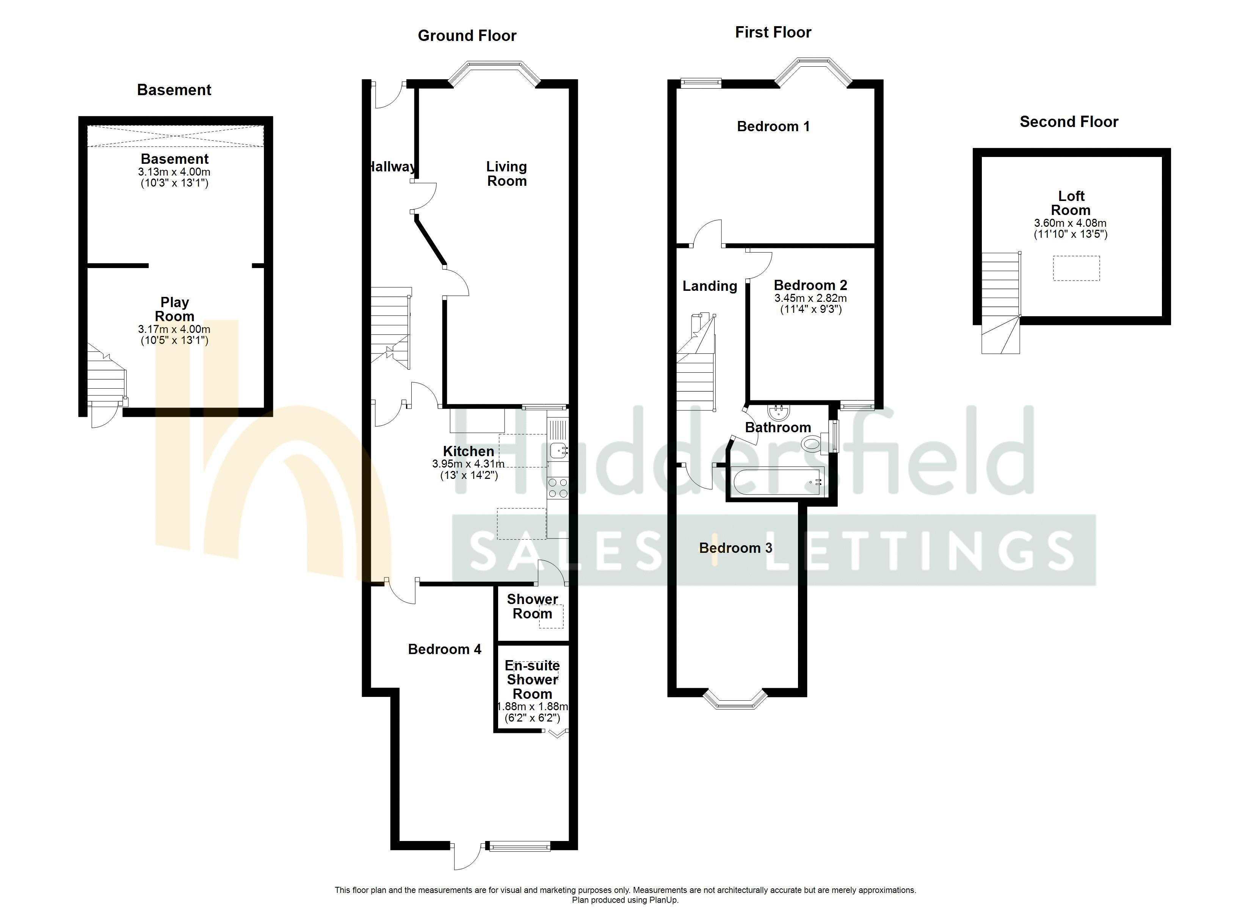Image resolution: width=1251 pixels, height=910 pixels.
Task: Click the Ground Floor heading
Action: tap(467, 36)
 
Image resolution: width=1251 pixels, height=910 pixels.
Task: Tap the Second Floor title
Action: tap(1068, 122)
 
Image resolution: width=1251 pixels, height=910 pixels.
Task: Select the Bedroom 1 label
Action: tap(773, 126)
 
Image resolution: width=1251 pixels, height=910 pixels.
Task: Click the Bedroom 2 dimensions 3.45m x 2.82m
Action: tap(810, 298)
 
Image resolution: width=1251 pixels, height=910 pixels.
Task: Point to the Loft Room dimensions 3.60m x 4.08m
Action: tap(1070, 223)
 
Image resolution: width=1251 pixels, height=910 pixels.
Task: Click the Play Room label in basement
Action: tap(174, 309)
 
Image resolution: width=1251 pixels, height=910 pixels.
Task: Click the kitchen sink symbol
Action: tap(557, 450)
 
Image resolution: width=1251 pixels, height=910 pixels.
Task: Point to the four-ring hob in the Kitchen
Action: tap(558, 488)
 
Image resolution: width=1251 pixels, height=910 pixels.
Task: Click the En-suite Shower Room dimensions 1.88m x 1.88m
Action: tap(532, 707)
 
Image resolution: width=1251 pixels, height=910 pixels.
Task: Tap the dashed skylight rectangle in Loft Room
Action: tap(1075, 268)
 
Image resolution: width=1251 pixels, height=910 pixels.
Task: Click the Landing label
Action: tap(709, 286)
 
